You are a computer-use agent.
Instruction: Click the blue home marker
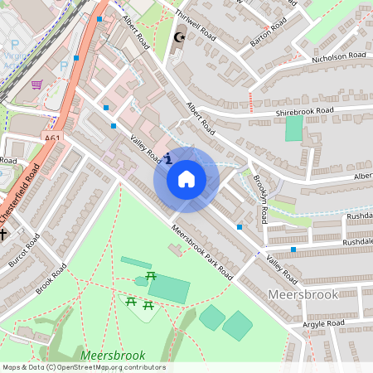186,178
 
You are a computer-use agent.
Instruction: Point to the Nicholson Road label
338,56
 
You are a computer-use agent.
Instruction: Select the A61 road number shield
53,138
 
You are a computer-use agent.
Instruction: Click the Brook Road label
51,279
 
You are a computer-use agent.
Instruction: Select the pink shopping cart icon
36,84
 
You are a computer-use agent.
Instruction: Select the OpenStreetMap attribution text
83,367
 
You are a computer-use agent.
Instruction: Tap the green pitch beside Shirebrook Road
294,128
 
